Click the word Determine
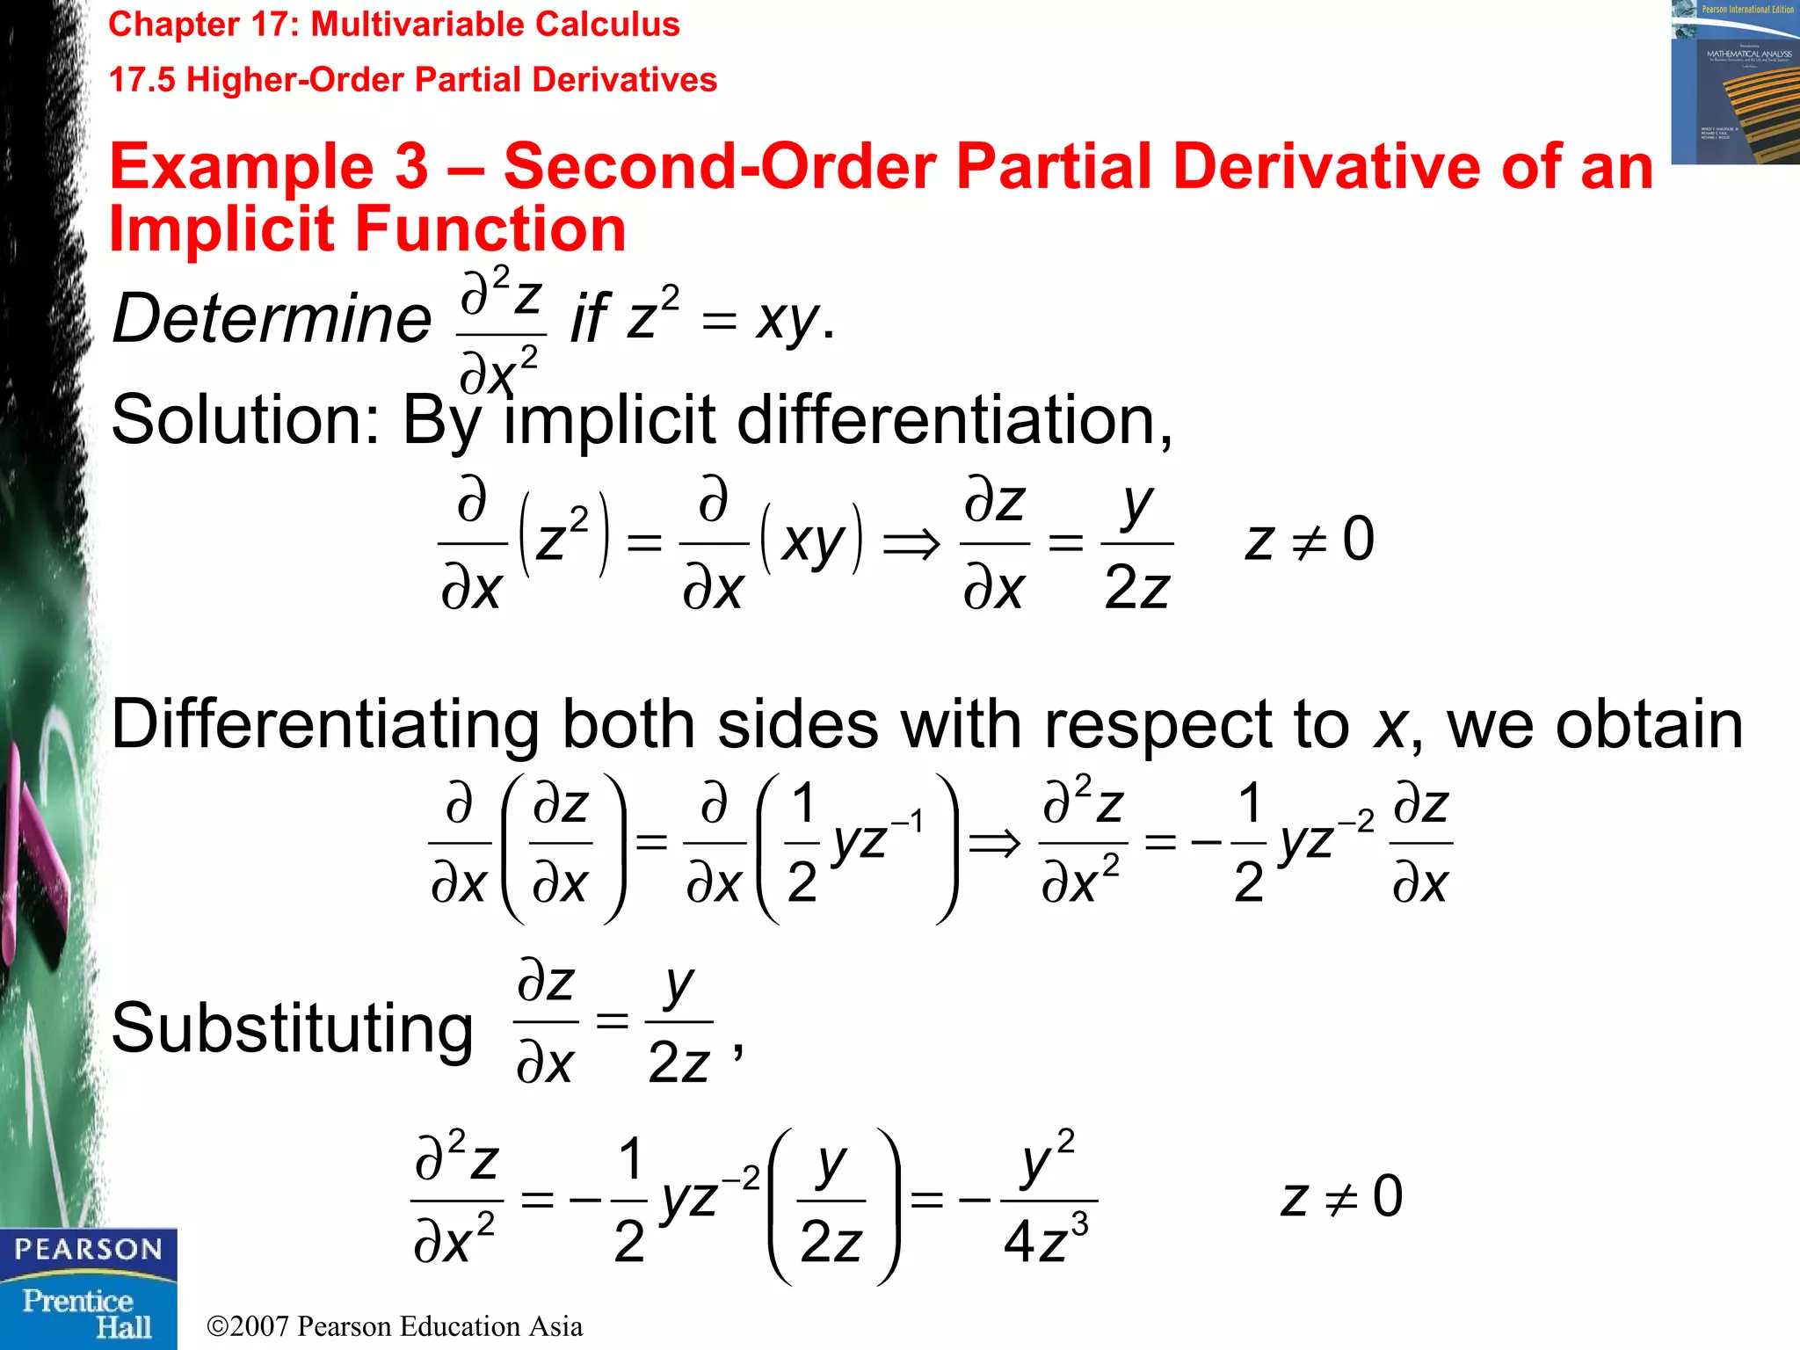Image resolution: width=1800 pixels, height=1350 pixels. pyautogui.click(x=272, y=318)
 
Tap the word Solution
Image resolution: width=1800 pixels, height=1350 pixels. pyautogui.click(x=237, y=420)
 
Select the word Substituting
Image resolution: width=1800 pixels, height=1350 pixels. pyautogui.click(x=292, y=1028)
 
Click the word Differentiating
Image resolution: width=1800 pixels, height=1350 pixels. pyautogui.click(x=324, y=725)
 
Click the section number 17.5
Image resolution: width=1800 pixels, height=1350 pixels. pyautogui.click(x=142, y=80)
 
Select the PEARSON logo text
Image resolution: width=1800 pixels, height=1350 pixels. pyautogui.click(x=88, y=1250)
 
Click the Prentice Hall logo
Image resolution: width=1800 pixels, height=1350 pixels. pyautogui.click(x=88, y=1313)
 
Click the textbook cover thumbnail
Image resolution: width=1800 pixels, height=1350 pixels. pyautogui.click(x=1735, y=83)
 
